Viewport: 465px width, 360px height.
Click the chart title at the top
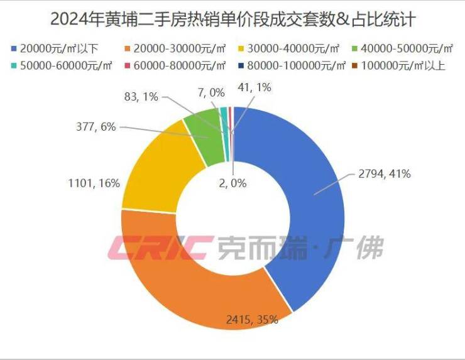[232, 19]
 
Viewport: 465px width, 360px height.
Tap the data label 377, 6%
[94, 127]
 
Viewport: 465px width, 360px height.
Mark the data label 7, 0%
[212, 92]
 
